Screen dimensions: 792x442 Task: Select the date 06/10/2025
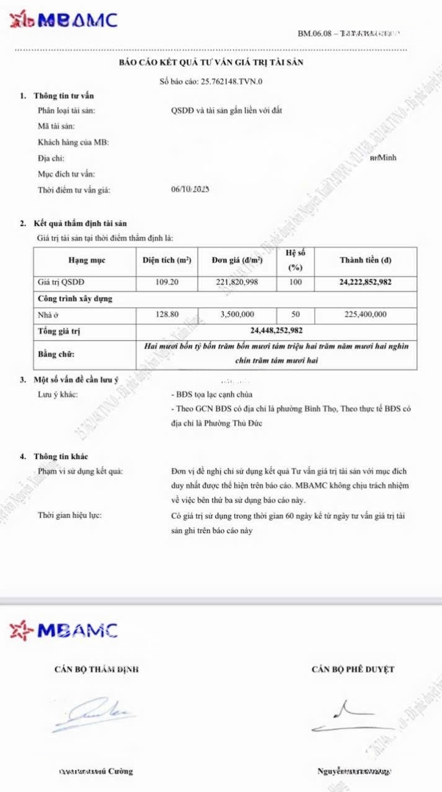coord(190,189)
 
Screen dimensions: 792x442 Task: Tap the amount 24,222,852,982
coord(365,282)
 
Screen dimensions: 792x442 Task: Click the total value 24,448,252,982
coord(276,331)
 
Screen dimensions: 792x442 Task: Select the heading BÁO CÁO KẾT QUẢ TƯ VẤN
coord(211,62)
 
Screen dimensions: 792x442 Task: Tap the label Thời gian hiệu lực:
coord(70,516)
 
